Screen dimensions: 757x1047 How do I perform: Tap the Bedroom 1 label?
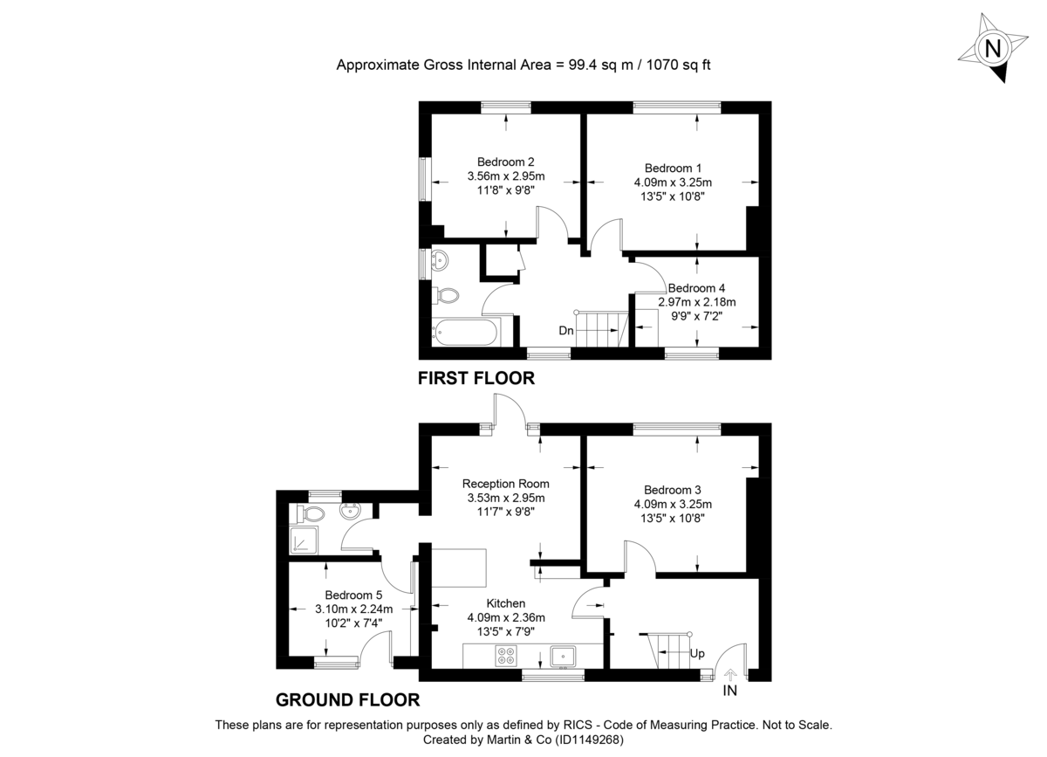pyautogui.click(x=673, y=168)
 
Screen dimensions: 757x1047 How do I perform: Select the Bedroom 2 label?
pyautogui.click(x=505, y=162)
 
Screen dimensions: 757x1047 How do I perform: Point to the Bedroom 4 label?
pyautogui.click(x=696, y=287)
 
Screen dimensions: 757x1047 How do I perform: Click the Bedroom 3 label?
pyautogui.click(x=673, y=490)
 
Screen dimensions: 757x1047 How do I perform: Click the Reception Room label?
pyautogui.click(x=506, y=483)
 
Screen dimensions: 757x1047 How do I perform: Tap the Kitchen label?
pyautogui.click(x=506, y=603)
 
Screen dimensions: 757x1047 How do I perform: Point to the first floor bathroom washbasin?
pyautogui.click(x=441, y=259)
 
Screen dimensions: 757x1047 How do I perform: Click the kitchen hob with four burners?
pyautogui.click(x=507, y=655)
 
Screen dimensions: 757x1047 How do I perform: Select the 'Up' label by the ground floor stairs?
pyautogui.click(x=696, y=653)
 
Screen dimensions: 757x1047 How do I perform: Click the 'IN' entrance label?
pyautogui.click(x=729, y=692)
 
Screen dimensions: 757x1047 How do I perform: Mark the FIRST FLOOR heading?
pyautogui.click(x=476, y=379)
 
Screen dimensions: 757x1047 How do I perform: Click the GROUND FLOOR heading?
pyautogui.click(x=347, y=699)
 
